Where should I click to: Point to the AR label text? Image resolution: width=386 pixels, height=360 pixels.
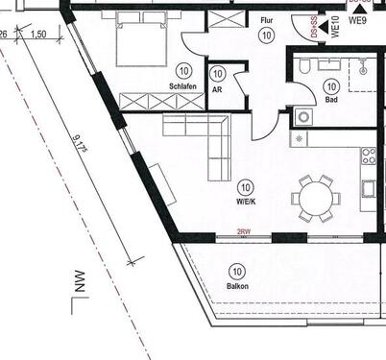tap(218, 86)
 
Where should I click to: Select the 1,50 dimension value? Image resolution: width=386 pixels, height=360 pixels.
tap(38, 35)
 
